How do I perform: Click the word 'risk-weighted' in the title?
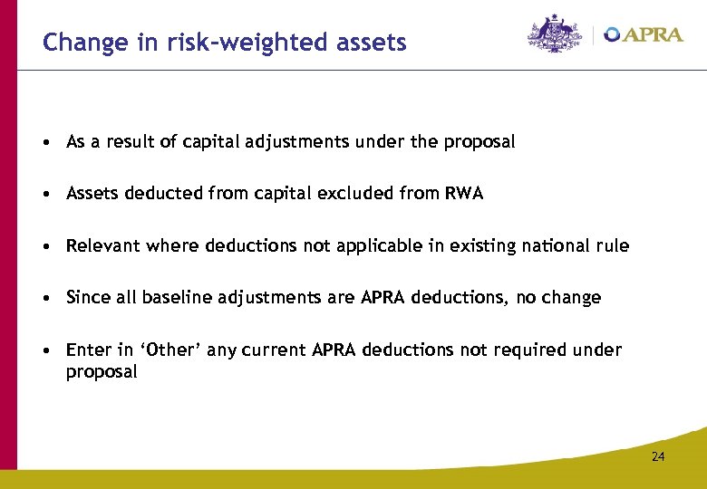[219, 43]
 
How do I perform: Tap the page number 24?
[657, 456]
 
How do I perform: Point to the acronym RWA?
[464, 193]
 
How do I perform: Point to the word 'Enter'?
[86, 350]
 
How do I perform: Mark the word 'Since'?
[87, 297]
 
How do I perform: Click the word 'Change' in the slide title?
[74, 42]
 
